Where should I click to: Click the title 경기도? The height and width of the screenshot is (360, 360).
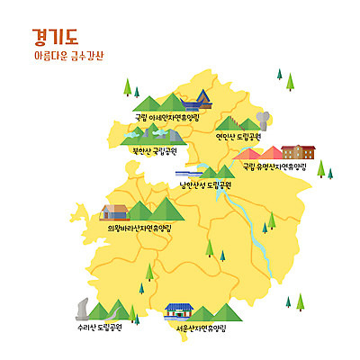coord(55,36)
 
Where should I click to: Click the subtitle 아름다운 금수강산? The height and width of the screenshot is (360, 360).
coord(67,56)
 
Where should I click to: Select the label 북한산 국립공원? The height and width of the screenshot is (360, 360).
coord(154,150)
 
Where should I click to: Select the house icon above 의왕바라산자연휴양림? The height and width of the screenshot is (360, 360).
coord(115,212)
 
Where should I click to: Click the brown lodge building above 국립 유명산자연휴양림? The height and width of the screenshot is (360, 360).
coord(300,151)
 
